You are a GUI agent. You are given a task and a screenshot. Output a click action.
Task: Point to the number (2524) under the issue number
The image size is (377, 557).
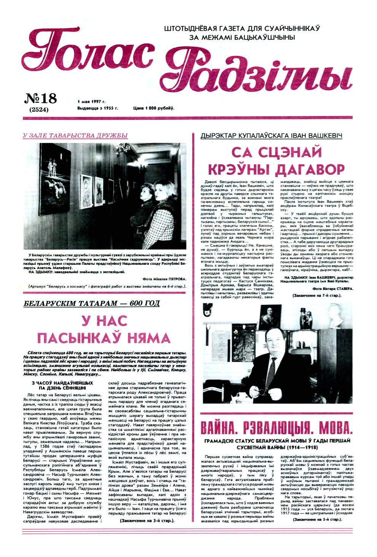39,110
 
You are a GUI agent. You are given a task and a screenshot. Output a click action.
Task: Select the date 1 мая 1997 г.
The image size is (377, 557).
91,102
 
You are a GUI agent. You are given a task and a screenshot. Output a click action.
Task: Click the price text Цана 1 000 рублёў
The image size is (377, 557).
154,108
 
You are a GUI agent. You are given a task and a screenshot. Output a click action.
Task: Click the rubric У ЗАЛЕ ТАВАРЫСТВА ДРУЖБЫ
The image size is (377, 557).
75,135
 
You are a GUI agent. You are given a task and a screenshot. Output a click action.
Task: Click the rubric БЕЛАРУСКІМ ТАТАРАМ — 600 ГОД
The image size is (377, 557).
91,304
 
